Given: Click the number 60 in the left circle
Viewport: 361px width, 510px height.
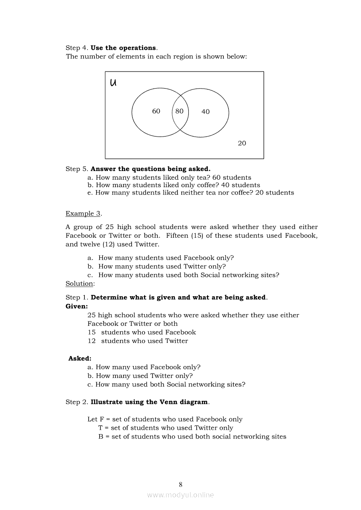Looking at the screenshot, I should [156, 111].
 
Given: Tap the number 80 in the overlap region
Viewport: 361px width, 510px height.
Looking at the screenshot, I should [179, 111].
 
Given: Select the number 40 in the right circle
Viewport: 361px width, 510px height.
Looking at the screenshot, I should [205, 112].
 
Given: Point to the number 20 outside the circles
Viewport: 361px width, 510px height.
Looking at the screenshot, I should [242, 143].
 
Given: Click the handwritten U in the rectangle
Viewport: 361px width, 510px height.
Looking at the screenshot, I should [113, 82].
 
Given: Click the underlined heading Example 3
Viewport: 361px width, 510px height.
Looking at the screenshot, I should [83, 213].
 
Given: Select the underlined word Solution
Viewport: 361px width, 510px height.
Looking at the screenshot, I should [80, 284].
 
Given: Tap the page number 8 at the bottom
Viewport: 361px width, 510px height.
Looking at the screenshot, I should [180, 484].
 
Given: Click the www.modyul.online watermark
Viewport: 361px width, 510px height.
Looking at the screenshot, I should [180, 495].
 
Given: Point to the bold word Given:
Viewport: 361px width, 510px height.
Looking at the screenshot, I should [76, 306].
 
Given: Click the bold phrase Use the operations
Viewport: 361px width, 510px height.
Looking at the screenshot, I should [123, 48].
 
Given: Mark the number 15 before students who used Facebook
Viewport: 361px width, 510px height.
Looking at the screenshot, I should [91, 332].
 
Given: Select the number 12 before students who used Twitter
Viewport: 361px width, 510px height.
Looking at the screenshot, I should [91, 341].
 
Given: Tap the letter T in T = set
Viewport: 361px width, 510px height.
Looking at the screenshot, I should [101, 428].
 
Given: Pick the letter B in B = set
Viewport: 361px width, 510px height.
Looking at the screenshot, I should [101, 437].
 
